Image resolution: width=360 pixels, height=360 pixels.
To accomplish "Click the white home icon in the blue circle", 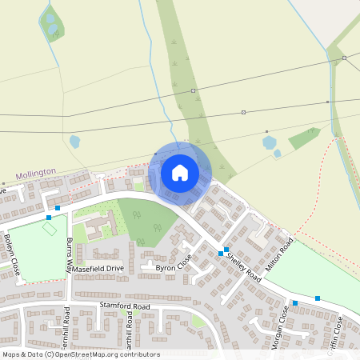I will coord(180,172).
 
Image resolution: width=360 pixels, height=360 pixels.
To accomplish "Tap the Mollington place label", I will coord(36,173).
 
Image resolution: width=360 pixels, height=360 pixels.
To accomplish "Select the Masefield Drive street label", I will coord(99,268).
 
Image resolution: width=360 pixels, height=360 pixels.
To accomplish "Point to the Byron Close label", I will coord(174,267).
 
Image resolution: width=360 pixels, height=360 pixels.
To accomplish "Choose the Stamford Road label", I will coord(125,306).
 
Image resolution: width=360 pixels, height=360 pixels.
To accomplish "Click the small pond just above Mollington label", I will coord(74,142).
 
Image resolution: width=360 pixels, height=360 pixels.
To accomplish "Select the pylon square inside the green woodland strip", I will coord(194,91).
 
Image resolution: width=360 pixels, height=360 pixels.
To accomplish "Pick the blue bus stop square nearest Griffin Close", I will coord(318,298).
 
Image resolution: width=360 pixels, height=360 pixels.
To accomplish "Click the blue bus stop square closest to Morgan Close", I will coord(295,302).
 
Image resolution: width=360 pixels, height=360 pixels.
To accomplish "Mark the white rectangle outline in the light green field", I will coord(50,229).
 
